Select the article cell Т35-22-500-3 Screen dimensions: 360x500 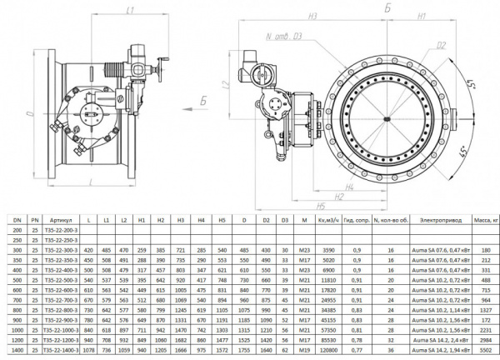[67, 281]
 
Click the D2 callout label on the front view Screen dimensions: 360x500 [440, 46]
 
